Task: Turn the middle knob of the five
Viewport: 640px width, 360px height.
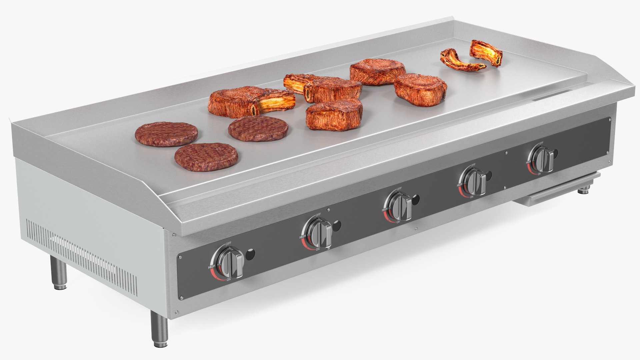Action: click(x=400, y=207)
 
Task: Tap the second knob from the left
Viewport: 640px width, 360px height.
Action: click(x=319, y=233)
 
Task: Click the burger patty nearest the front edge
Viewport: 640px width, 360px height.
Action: click(x=206, y=157)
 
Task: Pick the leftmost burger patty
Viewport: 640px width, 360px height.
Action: click(x=166, y=134)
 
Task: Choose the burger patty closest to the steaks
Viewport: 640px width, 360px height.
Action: click(x=258, y=129)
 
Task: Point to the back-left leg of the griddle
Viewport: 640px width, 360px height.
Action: click(x=59, y=274)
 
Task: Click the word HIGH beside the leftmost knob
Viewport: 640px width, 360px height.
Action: click(x=211, y=267)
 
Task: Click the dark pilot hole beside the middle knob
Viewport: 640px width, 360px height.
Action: click(x=415, y=199)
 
